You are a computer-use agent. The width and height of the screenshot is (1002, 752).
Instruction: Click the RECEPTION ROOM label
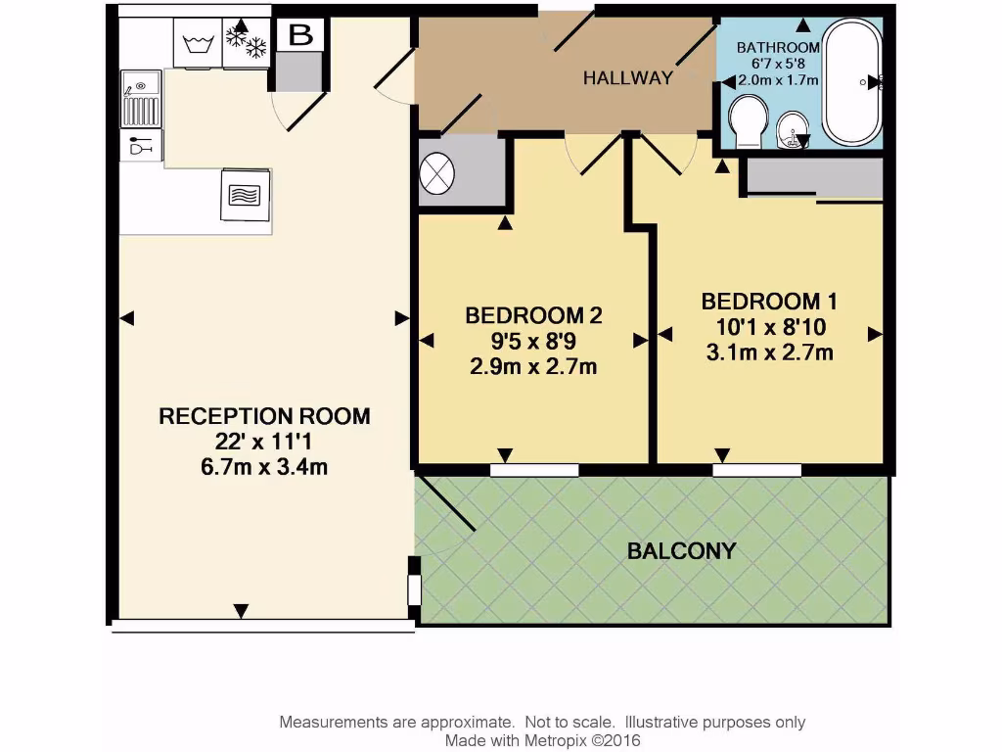click(x=264, y=416)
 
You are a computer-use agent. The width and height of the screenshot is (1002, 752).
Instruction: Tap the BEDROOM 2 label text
click(x=532, y=316)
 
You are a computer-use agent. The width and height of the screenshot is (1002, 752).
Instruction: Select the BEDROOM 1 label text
click(x=769, y=301)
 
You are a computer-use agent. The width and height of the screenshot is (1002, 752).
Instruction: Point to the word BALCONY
click(x=681, y=551)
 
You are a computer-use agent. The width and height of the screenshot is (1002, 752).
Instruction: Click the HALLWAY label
click(x=628, y=78)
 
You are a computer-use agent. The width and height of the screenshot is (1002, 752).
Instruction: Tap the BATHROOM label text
click(x=777, y=48)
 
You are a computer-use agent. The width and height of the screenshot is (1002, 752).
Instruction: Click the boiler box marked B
click(x=299, y=36)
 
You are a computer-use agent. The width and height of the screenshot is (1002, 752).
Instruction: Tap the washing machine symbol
click(x=199, y=44)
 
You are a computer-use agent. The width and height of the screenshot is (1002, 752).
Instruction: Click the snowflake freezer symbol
click(x=247, y=42)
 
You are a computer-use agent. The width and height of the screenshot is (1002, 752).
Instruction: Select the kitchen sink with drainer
click(x=141, y=99)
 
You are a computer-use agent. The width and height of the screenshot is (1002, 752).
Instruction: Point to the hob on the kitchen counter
click(x=245, y=194)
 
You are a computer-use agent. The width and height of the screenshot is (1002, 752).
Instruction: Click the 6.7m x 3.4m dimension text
click(x=264, y=467)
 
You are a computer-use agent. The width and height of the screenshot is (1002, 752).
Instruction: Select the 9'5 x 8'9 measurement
click(x=532, y=342)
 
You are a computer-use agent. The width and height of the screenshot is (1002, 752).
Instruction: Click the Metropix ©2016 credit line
click(x=542, y=741)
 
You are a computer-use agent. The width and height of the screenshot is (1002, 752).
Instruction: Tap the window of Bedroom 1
click(x=756, y=470)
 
